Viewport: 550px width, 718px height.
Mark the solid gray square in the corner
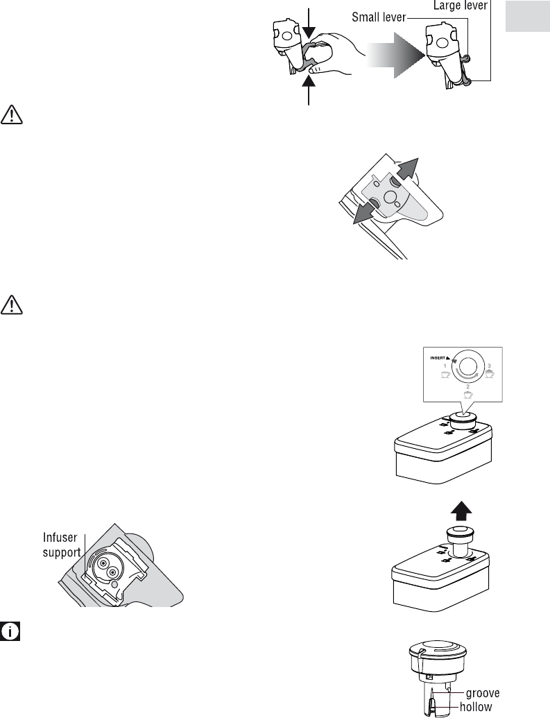pos(527,16)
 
